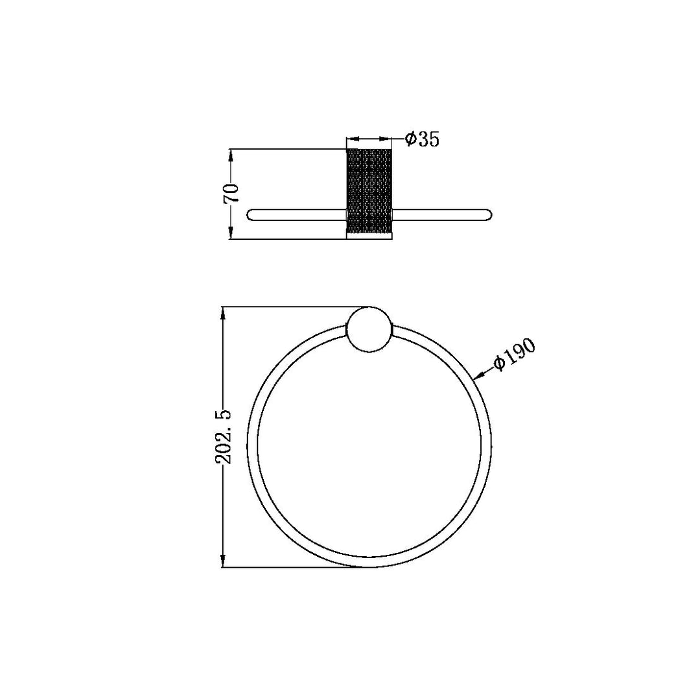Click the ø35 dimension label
click(x=422, y=139)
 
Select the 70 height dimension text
click(x=231, y=193)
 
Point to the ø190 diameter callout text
click(x=513, y=355)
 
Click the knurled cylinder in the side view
click(x=369, y=191)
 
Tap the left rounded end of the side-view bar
click(x=253, y=215)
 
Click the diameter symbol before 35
click(x=410, y=139)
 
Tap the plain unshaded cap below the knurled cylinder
click(x=369, y=236)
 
